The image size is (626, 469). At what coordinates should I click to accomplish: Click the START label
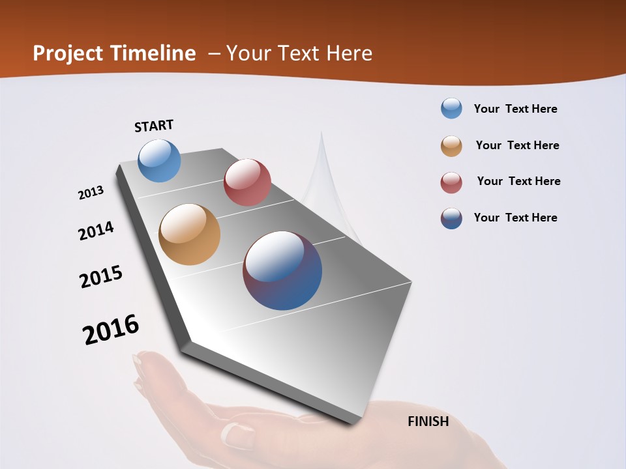coord(154,126)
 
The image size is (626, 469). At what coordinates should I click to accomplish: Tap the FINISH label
coord(428,421)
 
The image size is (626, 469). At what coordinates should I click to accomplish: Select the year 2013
coord(91,193)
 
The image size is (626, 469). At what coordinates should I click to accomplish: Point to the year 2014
coord(96,231)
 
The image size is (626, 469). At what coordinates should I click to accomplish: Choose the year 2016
coord(111,330)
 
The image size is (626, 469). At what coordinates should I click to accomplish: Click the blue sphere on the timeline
coord(159,160)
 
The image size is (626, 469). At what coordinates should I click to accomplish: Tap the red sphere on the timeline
coord(247,182)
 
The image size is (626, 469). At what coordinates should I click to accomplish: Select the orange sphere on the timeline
coord(189,234)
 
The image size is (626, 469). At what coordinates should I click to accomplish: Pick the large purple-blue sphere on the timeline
coord(282,270)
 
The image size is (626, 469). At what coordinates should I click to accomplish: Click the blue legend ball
coord(451,108)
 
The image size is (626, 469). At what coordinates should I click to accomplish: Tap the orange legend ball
coord(451,146)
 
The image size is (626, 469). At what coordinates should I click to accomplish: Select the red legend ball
coord(451,182)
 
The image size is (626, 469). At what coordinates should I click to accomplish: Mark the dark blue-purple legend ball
coord(451,218)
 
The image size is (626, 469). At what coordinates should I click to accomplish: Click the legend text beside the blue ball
coord(515,109)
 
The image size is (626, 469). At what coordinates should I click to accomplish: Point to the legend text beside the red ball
coord(518,181)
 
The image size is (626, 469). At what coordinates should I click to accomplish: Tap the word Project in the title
coord(68,53)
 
